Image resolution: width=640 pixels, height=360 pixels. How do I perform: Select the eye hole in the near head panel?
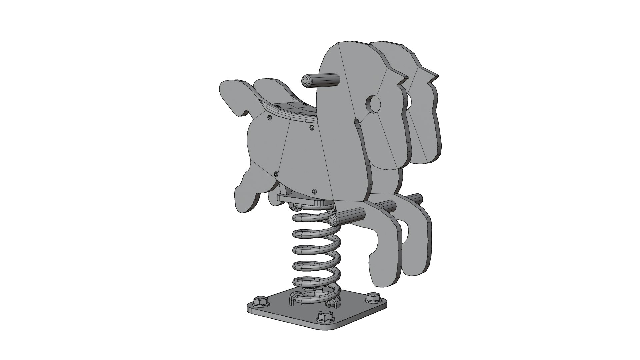coord(374,104)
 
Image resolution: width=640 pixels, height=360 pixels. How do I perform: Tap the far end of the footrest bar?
coord(419,199)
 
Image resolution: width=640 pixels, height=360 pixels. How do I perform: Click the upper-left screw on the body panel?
coord(270,117)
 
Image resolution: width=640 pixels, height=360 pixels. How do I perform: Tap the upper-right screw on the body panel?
coord(311,127)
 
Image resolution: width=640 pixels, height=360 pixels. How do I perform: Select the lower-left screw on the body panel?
coord(276,174)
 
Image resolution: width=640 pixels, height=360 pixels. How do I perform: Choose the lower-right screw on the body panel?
coord(314,191)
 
